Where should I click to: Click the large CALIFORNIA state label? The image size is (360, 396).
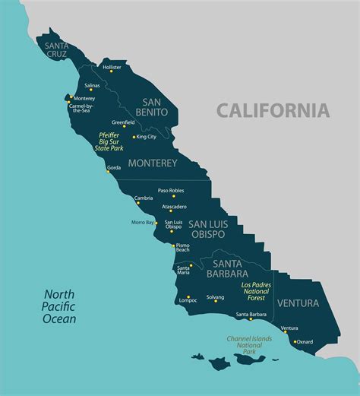coord(273,110)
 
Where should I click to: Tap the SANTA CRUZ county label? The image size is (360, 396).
coord(56,49)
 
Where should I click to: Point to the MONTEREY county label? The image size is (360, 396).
coord(152,163)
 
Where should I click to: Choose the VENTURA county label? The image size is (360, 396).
coord(304,303)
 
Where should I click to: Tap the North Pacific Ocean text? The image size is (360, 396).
coord(60,306)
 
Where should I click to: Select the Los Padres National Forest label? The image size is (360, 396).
coord(257,291)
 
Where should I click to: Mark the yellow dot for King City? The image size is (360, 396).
coord(134,138)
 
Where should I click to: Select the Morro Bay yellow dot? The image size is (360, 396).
coord(156,223)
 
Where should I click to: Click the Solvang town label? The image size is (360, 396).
coord(216,297)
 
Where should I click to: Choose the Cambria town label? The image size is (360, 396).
coord(144,198)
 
